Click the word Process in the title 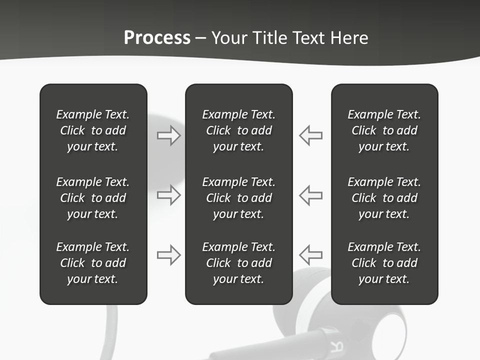(157, 38)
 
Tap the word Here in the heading (348, 38)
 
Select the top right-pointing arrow (168, 135)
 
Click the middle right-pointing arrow (168, 195)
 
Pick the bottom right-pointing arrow (168, 255)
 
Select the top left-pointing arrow (311, 135)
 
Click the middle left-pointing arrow (311, 195)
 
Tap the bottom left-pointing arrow (311, 255)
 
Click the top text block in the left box (93, 130)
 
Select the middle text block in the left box (93, 198)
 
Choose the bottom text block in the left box (93, 263)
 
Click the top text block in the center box (238, 130)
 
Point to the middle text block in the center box (238, 198)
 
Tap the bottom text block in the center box (238, 263)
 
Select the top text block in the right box (384, 130)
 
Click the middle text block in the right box (384, 198)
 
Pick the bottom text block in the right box (384, 263)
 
